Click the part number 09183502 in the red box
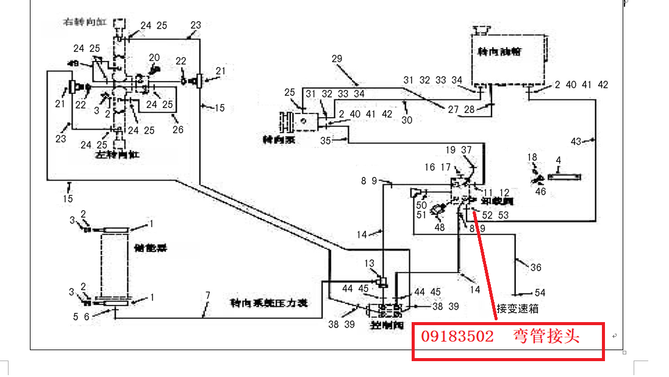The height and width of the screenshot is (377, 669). (457, 336)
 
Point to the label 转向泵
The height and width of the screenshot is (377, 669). (278, 140)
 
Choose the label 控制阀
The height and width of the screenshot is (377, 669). (384, 326)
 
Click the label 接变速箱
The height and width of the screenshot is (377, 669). (517, 309)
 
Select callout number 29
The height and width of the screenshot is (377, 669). (337, 59)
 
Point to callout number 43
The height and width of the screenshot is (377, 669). (576, 141)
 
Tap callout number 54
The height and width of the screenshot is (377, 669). (540, 293)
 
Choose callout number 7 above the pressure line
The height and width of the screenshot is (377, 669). (207, 295)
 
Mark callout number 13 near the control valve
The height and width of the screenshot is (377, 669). (370, 263)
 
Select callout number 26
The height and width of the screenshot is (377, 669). (177, 129)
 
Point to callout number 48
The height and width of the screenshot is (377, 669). (439, 228)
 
